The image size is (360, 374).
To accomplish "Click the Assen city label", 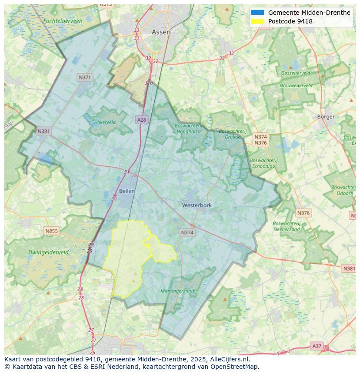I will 161,32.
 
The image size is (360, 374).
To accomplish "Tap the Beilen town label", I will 127,191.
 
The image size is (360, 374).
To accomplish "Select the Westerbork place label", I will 197,205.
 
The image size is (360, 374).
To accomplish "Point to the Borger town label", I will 326,116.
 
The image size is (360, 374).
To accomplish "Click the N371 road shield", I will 85,77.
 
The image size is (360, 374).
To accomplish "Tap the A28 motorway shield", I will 141,119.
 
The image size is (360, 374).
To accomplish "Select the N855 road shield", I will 51,231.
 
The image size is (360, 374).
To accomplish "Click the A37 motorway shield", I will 317,346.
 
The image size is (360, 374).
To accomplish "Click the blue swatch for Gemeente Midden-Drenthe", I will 257,13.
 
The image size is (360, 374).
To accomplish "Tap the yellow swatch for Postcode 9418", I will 257,21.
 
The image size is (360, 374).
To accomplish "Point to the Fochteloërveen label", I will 63,21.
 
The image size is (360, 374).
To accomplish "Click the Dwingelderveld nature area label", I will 48,252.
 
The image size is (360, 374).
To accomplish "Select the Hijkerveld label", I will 105,122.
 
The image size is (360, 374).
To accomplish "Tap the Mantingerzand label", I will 177,291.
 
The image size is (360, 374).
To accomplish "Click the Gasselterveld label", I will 296,73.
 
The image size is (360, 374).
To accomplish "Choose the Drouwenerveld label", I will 296,86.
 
